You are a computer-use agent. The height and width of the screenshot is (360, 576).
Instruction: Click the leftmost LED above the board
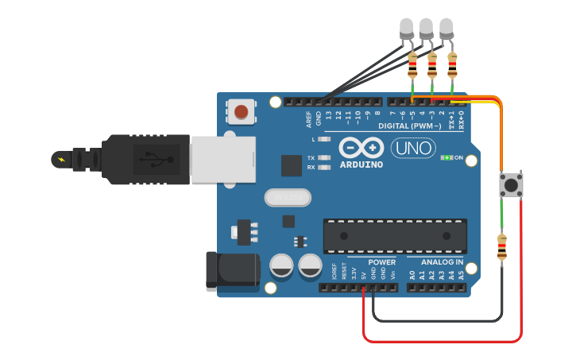[x=406, y=29]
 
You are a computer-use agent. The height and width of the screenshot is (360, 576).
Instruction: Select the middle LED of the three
[x=426, y=29]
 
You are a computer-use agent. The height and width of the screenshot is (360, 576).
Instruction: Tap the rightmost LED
[x=446, y=29]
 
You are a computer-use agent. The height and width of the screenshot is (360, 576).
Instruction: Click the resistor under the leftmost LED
[x=412, y=64]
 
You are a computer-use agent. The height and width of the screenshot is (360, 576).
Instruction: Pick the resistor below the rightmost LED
[x=453, y=64]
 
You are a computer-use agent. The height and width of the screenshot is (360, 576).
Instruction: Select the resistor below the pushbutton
[x=501, y=248]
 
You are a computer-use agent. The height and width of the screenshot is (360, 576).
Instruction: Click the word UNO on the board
[x=413, y=148]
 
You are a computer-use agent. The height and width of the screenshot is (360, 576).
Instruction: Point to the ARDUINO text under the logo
[x=361, y=165]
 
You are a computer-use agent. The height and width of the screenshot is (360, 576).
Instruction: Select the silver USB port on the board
[x=223, y=160]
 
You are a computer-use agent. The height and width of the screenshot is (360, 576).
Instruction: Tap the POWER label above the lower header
[x=382, y=261]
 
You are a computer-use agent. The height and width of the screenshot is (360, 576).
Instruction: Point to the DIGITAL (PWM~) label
[x=409, y=126]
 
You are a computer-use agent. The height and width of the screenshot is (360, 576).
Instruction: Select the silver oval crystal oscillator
[x=287, y=197]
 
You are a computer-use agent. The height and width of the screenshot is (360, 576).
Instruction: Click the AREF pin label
[x=309, y=119]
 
